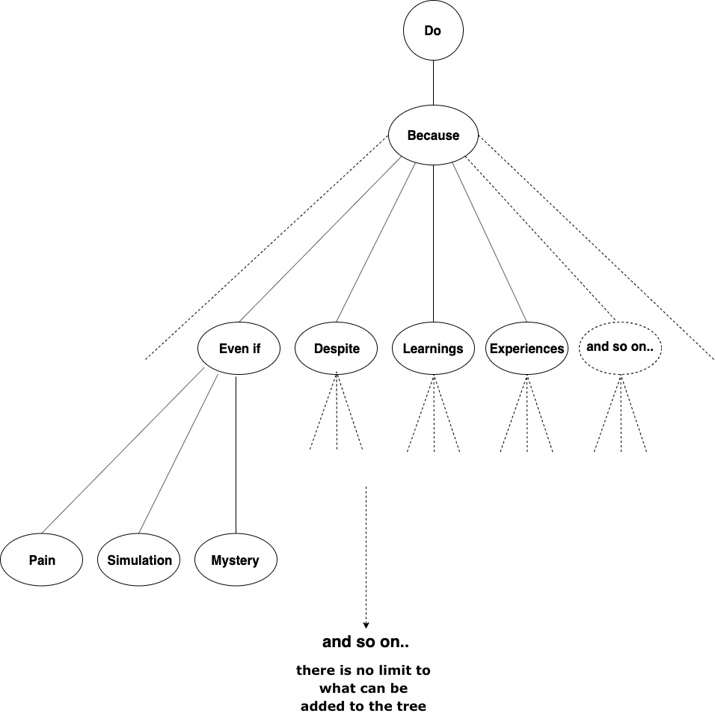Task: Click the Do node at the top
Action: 433,31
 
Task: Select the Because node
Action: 433,135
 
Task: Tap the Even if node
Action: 239,349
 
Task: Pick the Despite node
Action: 337,349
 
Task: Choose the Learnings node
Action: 433,349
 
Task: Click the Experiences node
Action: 527,349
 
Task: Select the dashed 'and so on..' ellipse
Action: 620,347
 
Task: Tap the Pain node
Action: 42,560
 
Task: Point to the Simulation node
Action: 139,560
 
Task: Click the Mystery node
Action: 235,560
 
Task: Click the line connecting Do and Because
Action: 433,83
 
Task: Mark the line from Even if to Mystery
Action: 236,456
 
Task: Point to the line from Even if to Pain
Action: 123,449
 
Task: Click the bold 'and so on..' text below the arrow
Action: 366,642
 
